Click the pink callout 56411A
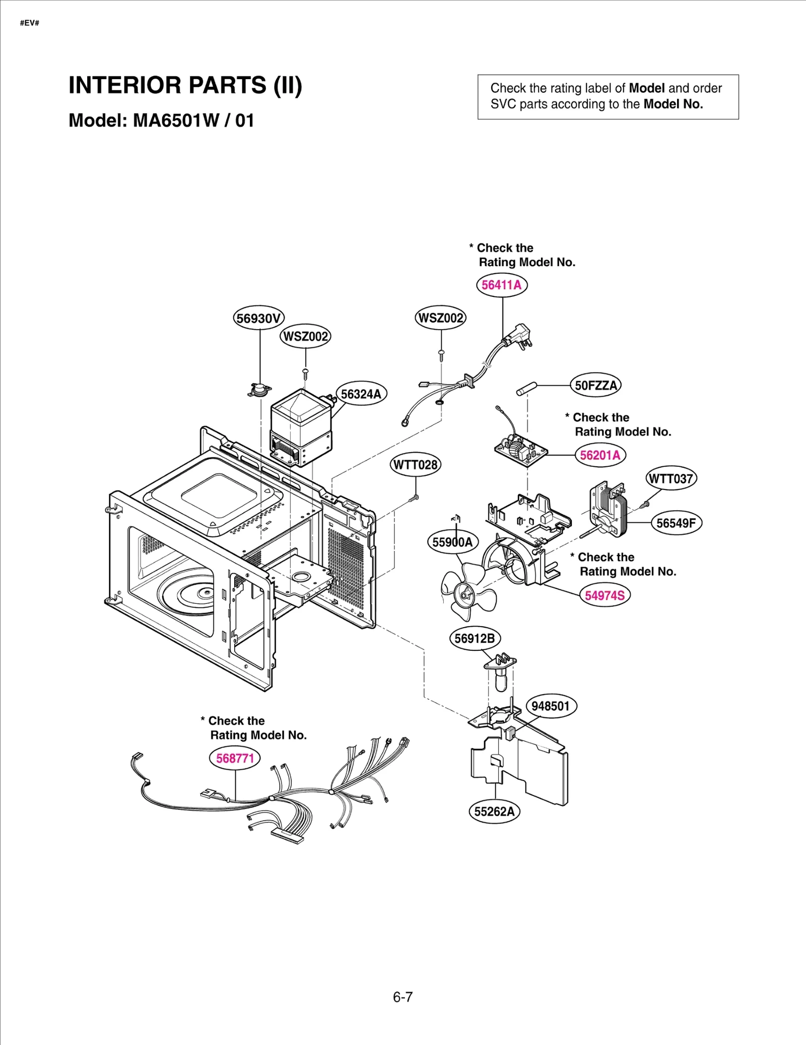(x=501, y=285)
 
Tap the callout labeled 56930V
(x=259, y=318)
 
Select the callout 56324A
(x=361, y=394)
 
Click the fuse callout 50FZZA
(x=595, y=385)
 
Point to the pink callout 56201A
(x=600, y=455)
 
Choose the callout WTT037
(x=671, y=478)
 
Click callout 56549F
(x=676, y=523)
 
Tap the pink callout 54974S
(x=604, y=595)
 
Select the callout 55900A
(x=452, y=542)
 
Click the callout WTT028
(x=416, y=464)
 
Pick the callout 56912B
(x=474, y=639)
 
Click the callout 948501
(x=551, y=706)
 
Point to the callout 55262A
(x=494, y=812)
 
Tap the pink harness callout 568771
(x=235, y=758)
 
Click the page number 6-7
(x=402, y=997)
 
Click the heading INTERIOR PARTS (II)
(x=185, y=85)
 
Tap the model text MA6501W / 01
(x=193, y=120)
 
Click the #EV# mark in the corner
(x=30, y=23)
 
